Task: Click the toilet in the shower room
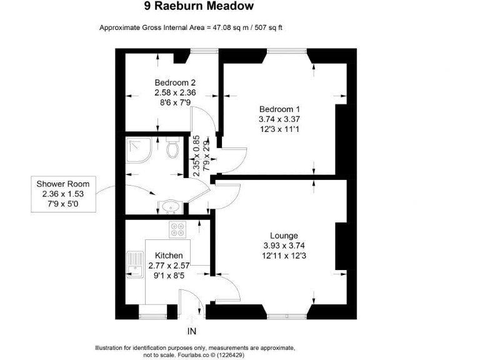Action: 172,147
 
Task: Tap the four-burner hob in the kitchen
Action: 177,229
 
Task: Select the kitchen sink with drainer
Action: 135,264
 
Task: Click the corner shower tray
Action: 139,150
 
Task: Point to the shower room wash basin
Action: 170,207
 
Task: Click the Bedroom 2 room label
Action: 175,82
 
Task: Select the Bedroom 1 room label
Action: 279,109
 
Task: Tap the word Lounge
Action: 284,236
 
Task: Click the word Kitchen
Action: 169,256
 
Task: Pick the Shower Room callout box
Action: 63,194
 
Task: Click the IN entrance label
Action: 192,331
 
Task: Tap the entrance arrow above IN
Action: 192,319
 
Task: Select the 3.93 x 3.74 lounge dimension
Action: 284,246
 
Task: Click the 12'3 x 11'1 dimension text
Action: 279,129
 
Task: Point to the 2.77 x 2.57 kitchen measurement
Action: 169,266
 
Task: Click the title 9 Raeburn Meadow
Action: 199,6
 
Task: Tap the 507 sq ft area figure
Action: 269,28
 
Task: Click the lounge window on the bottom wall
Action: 286,316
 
